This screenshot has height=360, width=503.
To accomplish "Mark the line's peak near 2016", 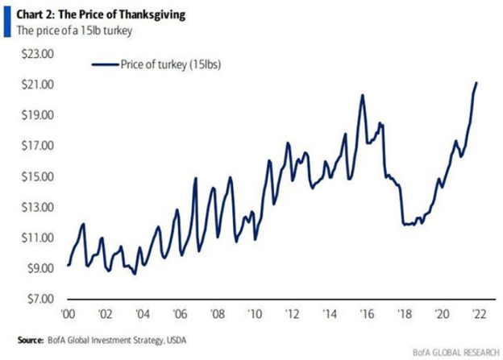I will tap(363, 95).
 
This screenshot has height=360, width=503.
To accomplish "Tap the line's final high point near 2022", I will tap(476, 83).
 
